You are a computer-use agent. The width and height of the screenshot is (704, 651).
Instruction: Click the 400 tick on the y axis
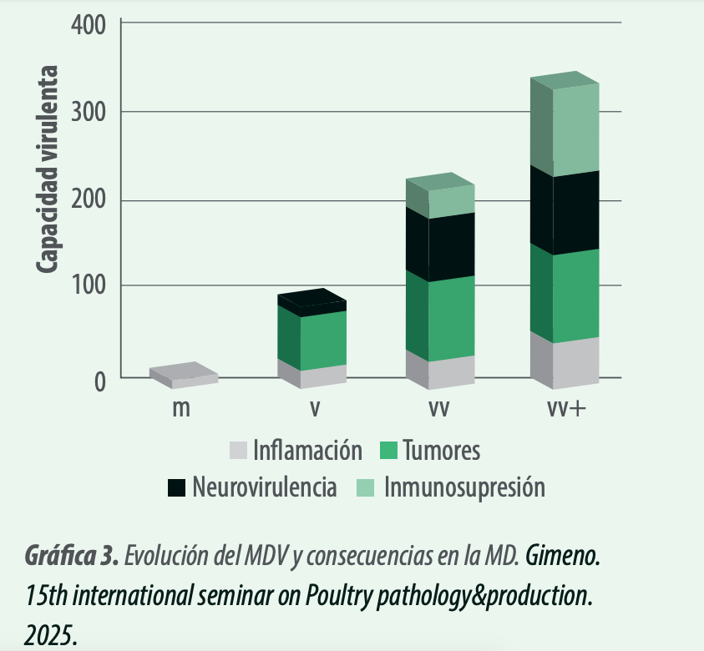88,24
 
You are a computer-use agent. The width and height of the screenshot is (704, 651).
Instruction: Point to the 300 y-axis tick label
88,112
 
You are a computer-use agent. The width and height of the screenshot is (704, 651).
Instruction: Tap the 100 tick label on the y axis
89,285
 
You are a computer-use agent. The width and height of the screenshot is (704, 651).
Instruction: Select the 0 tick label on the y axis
99,382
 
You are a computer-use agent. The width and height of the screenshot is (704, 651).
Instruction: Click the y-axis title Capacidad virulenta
47,169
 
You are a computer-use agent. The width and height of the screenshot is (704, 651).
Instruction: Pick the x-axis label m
181,408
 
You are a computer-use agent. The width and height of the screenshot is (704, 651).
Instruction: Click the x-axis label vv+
566,408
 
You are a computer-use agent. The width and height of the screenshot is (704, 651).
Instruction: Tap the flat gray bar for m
184,375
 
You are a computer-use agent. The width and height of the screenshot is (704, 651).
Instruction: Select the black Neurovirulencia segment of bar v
312,302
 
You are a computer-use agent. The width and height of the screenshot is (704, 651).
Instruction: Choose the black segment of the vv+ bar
565,210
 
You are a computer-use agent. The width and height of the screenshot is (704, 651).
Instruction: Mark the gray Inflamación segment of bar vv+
565,361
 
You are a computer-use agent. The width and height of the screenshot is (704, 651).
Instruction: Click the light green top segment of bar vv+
565,124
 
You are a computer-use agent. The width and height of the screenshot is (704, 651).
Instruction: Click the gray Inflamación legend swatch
238,450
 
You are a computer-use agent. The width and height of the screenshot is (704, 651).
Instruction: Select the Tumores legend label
441,450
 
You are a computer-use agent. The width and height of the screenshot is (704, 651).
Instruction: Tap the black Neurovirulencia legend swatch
176,487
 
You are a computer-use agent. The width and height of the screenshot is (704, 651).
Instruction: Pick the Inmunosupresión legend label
464,487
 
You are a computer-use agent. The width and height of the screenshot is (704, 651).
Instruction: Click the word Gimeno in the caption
563,555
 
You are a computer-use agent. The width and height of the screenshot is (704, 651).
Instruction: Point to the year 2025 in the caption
51,635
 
